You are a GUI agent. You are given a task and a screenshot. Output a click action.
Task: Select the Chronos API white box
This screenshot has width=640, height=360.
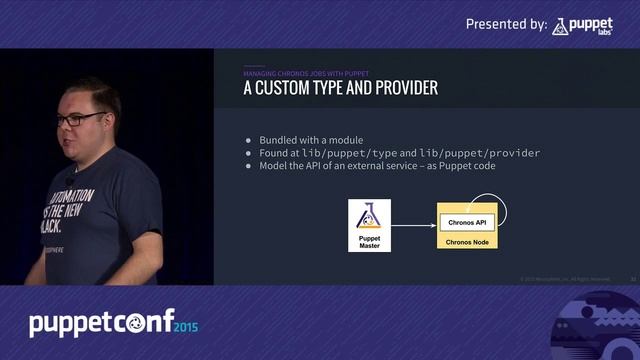pyautogui.click(x=467, y=222)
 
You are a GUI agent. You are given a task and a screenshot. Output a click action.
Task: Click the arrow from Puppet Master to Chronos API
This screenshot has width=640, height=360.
pyautogui.click(x=412, y=225)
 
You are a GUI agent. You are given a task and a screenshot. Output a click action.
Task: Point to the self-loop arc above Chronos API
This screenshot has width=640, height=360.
pyautogui.click(x=504, y=208)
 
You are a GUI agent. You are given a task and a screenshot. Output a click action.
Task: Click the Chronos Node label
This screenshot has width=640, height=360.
pyautogui.click(x=467, y=242)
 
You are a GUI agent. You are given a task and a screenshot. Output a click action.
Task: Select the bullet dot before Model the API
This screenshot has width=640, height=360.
pyautogui.click(x=249, y=166)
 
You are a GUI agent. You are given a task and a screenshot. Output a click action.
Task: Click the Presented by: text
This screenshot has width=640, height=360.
pyautogui.click(x=506, y=23)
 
